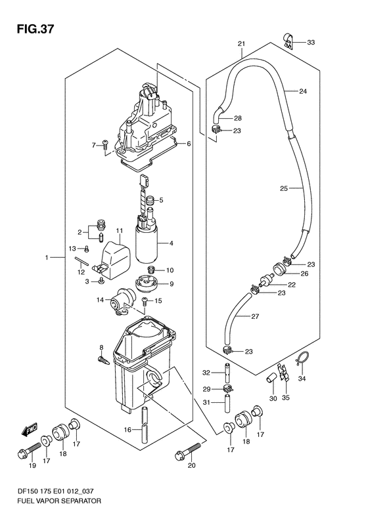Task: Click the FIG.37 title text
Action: point(34,29)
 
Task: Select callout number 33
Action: point(311,43)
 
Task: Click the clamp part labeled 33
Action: point(288,41)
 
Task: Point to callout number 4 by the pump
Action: point(171,243)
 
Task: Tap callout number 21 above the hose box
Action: point(241,44)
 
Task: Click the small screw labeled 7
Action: point(105,144)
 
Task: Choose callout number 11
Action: point(120,230)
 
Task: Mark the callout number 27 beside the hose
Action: point(254,316)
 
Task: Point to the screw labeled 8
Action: point(103,360)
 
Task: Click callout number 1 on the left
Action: point(47,257)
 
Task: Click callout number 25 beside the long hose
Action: point(284,189)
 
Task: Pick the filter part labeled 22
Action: point(267,280)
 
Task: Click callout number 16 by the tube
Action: point(128,430)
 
